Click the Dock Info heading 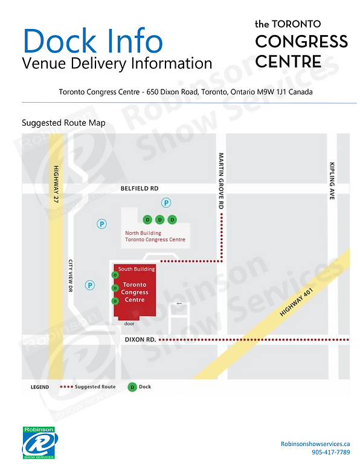tap(93, 40)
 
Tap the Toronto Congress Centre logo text tap(301, 43)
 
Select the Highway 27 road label tap(56, 185)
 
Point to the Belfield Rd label tap(140, 189)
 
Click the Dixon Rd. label tap(140, 340)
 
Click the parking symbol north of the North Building tap(165, 202)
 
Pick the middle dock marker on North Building tap(159, 219)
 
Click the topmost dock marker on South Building tap(114, 275)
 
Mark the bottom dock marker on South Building tap(114, 301)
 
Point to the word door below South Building tap(128, 323)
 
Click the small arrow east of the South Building tap(178, 303)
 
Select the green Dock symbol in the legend tap(132, 387)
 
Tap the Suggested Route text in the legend tap(95, 387)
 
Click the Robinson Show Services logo tap(39, 442)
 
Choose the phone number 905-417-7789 tap(330, 452)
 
